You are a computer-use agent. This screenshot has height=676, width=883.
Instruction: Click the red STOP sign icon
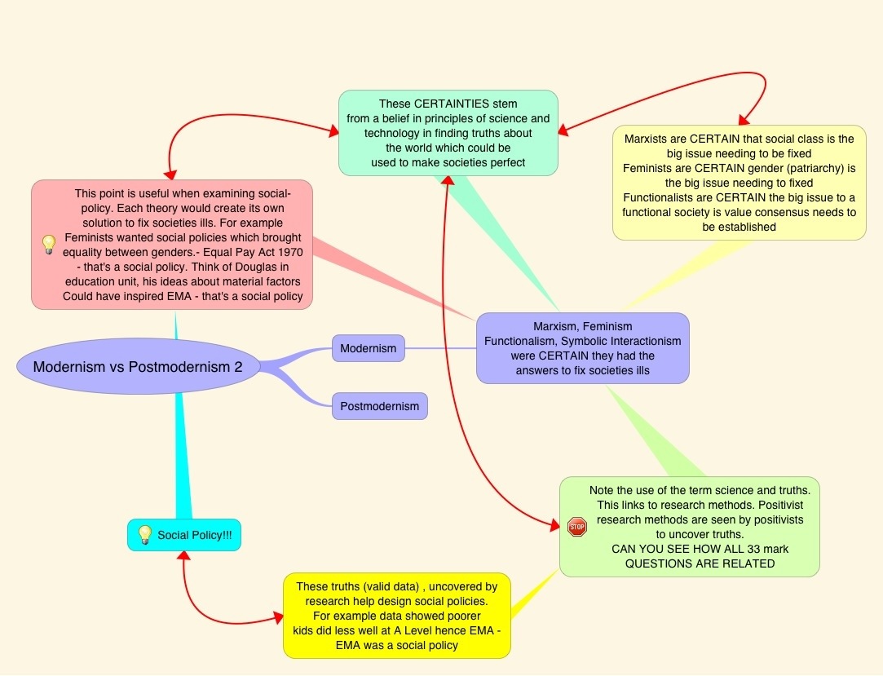pyautogui.click(x=576, y=527)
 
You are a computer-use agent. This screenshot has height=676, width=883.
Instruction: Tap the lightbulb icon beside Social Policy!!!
pyautogui.click(x=144, y=534)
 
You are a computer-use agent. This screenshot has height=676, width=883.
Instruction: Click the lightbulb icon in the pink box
pyautogui.click(x=48, y=243)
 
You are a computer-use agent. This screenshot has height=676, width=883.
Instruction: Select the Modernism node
pyautogui.click(x=368, y=348)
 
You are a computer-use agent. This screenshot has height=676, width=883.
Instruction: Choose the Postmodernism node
pyautogui.click(x=379, y=405)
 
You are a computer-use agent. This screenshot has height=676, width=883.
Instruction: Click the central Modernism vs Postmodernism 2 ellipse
pyautogui.click(x=138, y=367)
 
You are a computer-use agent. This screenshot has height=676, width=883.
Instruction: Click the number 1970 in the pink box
pyautogui.click(x=273, y=252)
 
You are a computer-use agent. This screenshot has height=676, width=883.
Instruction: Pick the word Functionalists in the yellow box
pyautogui.click(x=661, y=197)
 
